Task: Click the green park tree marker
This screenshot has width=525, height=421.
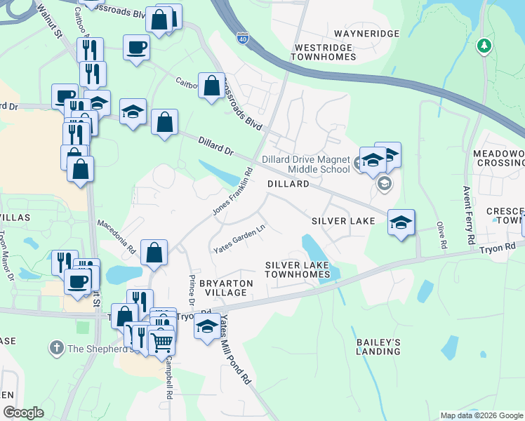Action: pyautogui.click(x=483, y=46)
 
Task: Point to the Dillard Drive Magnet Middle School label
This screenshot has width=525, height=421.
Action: pyautogui.click(x=305, y=164)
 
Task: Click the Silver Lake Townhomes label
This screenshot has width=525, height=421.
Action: pyautogui.click(x=298, y=269)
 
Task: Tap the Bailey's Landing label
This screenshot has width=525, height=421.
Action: pyautogui.click(x=378, y=347)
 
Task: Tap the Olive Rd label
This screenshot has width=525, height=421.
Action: pyautogui.click(x=441, y=236)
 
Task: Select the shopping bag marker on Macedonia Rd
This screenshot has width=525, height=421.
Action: pyautogui.click(x=154, y=251)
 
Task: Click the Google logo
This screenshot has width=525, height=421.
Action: pyautogui.click(x=24, y=413)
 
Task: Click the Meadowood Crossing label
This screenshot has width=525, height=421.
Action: pyautogui.click(x=498, y=158)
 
